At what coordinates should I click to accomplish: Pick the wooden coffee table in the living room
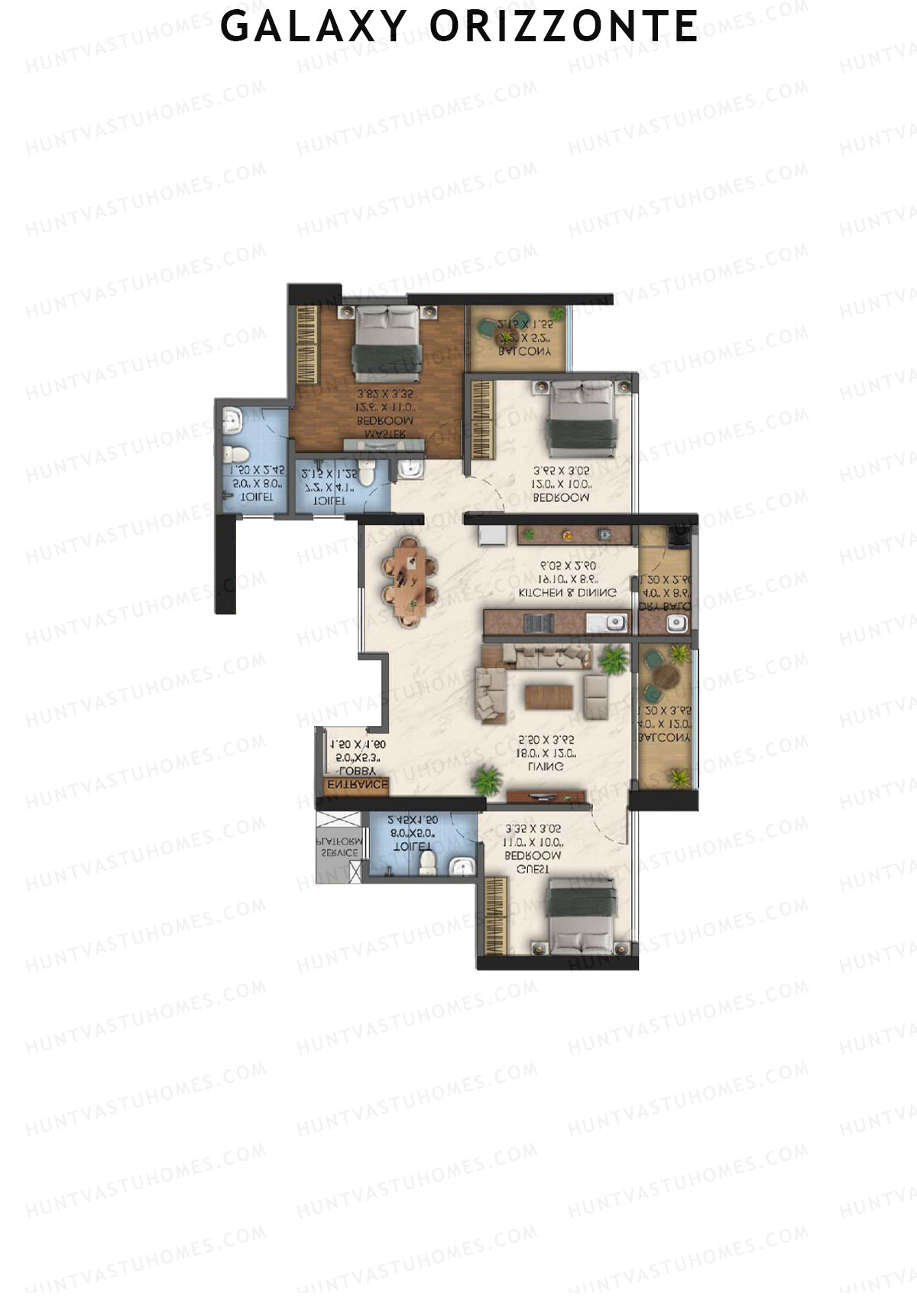point(549,697)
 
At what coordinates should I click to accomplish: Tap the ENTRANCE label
point(357,785)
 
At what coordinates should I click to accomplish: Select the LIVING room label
point(546,767)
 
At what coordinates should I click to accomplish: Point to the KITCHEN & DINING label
point(567,592)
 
